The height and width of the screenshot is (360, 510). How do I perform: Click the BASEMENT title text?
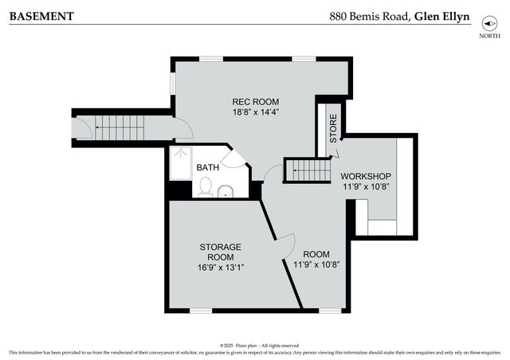(x=42, y=15)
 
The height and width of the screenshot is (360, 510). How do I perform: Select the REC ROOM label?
(x=254, y=102)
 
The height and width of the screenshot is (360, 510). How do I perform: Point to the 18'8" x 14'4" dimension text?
(x=254, y=113)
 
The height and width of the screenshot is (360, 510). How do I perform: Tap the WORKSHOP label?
(x=364, y=176)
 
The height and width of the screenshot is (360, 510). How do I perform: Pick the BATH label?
(x=207, y=168)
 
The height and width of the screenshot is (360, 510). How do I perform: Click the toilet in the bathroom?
(x=205, y=187)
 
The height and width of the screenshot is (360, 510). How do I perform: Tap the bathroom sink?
(x=226, y=190)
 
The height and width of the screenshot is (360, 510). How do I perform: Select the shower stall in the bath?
(x=181, y=164)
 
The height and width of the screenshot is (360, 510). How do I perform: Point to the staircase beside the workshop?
(x=310, y=170)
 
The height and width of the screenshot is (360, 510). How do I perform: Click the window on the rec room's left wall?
(x=171, y=83)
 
